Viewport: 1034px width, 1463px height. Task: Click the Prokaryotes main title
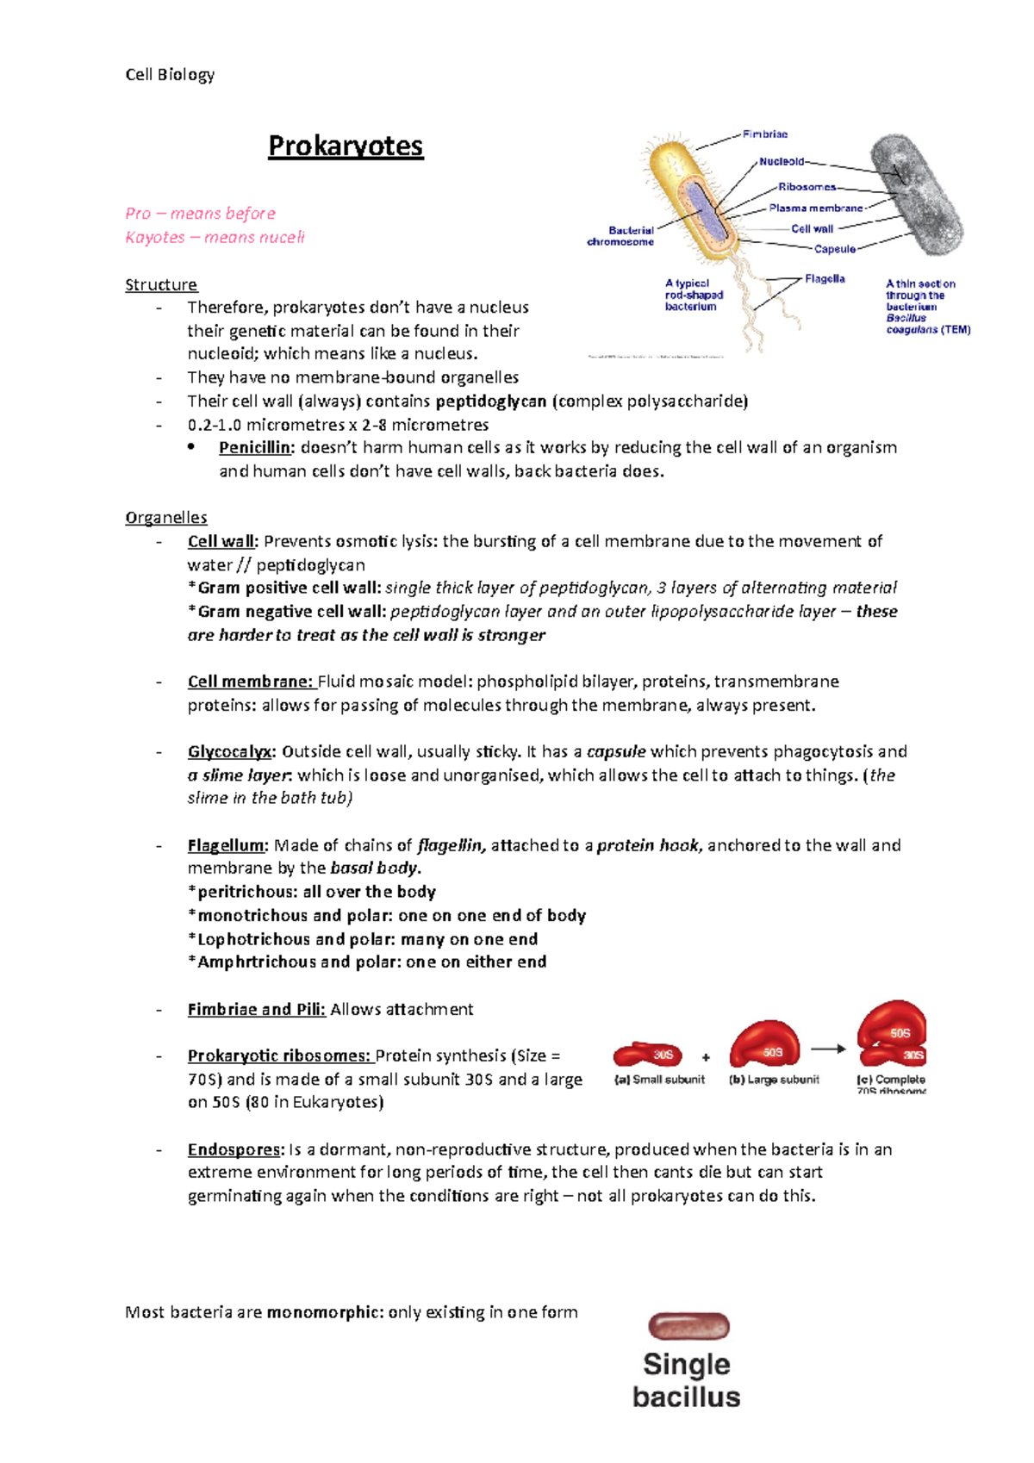pos(346,146)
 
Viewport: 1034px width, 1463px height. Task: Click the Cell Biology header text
pos(170,75)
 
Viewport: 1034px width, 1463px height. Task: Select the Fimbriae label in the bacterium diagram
pos(765,134)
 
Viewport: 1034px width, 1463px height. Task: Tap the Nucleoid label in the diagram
pos(782,161)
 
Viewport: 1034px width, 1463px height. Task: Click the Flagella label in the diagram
pos(825,278)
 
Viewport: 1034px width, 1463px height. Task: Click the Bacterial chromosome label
pos(620,236)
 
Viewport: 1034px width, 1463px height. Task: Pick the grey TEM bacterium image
pos(915,194)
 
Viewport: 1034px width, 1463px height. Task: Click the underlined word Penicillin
pos(255,447)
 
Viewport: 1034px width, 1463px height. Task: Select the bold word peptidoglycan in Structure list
pos(490,401)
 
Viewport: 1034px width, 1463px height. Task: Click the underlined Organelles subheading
pos(166,517)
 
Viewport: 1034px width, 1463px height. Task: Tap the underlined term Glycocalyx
pos(229,751)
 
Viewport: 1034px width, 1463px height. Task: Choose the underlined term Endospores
pos(234,1149)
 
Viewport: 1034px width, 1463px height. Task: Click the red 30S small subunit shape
pos(648,1055)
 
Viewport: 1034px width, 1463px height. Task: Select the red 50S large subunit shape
pos(764,1045)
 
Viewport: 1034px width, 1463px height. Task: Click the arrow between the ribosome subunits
pos(828,1049)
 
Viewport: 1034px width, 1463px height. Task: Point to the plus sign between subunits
pos(706,1057)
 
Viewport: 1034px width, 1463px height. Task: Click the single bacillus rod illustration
pos(688,1327)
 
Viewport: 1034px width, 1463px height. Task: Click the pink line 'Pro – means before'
pos(201,213)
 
